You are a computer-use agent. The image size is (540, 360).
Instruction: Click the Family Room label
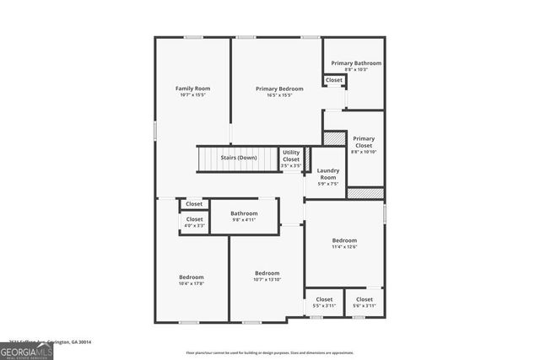pos(192,89)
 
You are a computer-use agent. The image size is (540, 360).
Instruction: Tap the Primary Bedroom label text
pos(279,89)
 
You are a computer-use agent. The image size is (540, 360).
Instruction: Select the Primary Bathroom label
pos(355,63)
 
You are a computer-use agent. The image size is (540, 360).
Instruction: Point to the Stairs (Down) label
pos(239,158)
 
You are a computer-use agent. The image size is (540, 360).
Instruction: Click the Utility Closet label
pos(291,156)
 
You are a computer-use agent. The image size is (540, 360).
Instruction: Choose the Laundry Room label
pos(327,174)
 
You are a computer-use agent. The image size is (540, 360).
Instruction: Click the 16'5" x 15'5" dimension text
pos(279,95)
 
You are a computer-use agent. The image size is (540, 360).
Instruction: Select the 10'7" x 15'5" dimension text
pos(192,95)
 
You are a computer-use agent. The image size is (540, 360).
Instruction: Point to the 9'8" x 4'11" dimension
pos(244,220)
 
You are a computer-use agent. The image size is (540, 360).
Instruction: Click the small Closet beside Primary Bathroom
pos(334,80)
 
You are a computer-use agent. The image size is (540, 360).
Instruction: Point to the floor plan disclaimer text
pos(269,352)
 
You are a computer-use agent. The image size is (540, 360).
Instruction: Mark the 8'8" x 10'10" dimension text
pos(364,152)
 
